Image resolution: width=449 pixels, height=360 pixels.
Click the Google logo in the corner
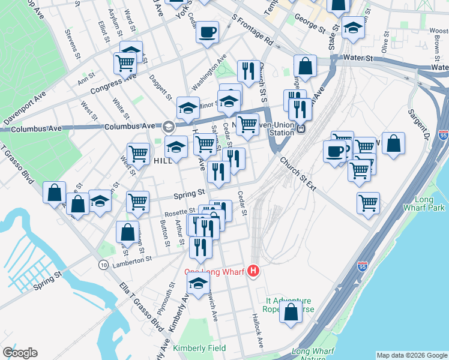[20, 353]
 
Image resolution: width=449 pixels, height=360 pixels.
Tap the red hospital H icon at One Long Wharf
[254, 272]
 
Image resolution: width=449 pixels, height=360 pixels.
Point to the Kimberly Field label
[199, 348]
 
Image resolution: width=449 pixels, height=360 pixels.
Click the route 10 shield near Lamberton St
[104, 265]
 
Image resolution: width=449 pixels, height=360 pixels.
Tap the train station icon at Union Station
[302, 128]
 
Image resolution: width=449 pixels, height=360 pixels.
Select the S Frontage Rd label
[252, 31]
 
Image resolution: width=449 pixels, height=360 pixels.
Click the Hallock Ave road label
[258, 331]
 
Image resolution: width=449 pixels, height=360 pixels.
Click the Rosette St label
[183, 211]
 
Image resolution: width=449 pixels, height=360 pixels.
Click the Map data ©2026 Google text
[411, 355]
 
